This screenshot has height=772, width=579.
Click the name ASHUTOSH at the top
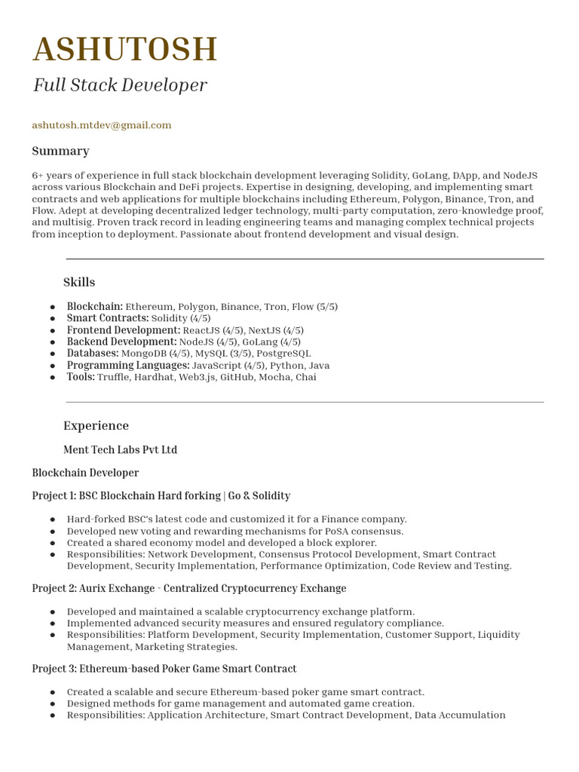pyautogui.click(x=125, y=50)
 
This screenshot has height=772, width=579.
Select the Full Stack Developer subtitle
pyautogui.click(x=119, y=85)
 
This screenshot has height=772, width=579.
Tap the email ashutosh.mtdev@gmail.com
pyautogui.click(x=102, y=125)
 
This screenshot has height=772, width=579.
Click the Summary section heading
pyautogui.click(x=60, y=151)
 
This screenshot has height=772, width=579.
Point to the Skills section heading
pyautogui.click(x=79, y=282)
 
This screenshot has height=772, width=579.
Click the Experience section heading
pyautogui.click(x=96, y=425)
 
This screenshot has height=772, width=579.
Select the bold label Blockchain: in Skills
pyautogui.click(x=95, y=307)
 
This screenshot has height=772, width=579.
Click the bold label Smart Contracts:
pyautogui.click(x=108, y=318)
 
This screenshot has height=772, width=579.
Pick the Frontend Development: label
pyautogui.click(x=124, y=330)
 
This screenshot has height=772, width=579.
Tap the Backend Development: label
pyautogui.click(x=121, y=342)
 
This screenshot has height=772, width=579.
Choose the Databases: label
pyautogui.click(x=93, y=354)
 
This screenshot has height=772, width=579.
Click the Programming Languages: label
pyautogui.click(x=128, y=365)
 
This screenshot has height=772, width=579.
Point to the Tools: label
pyautogui.click(x=81, y=377)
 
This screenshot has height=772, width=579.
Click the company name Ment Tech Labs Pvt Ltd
pyautogui.click(x=120, y=450)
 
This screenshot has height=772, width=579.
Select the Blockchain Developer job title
pyautogui.click(x=85, y=473)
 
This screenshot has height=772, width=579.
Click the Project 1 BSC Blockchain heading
pyautogui.click(x=161, y=496)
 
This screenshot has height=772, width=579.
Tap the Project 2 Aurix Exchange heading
pyautogui.click(x=188, y=588)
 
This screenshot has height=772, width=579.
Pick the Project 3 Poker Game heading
pyautogui.click(x=164, y=669)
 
